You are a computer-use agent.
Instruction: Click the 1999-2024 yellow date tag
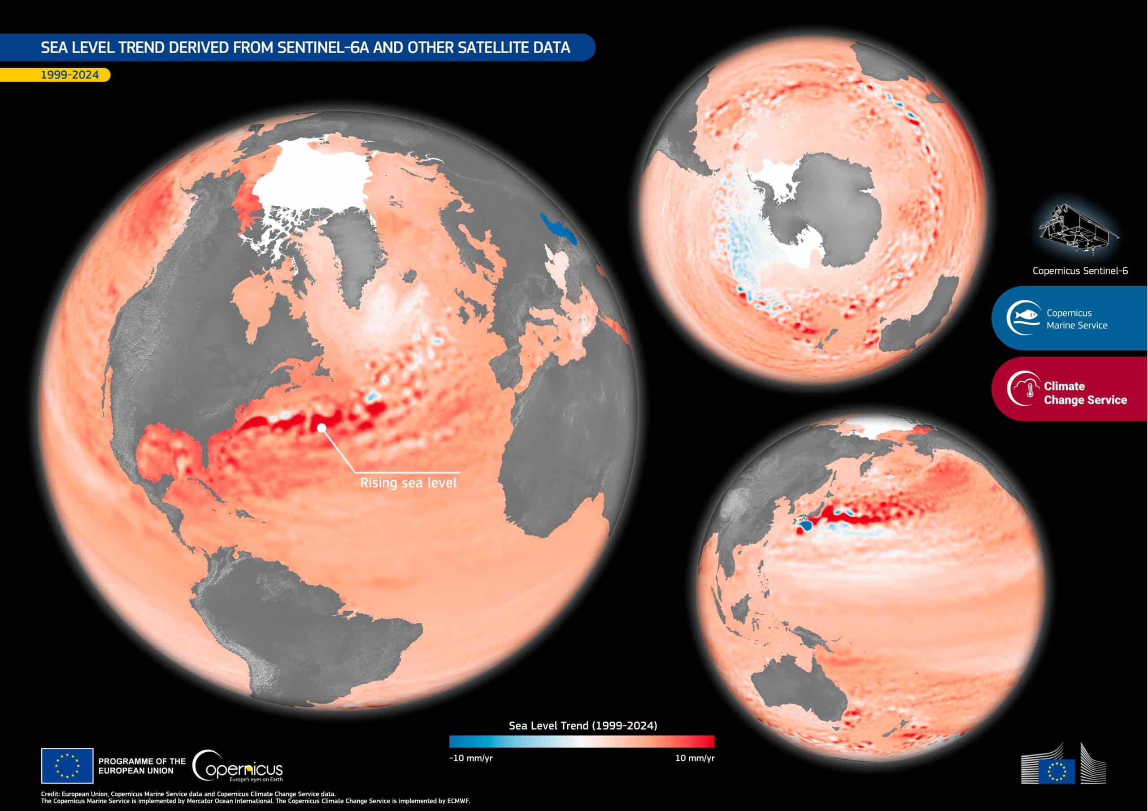point(70,75)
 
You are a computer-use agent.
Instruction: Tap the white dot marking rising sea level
point(322,428)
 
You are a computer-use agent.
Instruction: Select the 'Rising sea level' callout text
point(408,483)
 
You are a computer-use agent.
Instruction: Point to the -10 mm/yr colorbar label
point(470,758)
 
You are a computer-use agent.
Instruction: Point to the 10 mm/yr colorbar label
point(695,758)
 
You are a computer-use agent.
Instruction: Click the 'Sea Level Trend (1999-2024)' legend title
point(583,725)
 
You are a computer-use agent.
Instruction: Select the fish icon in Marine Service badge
point(1023,317)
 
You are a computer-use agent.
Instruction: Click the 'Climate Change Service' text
point(1085,393)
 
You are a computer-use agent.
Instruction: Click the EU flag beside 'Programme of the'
point(67,766)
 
